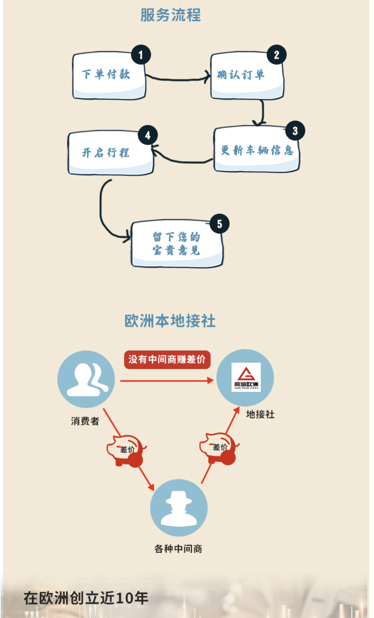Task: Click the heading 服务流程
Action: click(170, 15)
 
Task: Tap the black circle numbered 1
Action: click(141, 55)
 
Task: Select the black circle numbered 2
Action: click(276, 55)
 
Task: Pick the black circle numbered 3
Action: click(295, 131)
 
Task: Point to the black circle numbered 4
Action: click(147, 135)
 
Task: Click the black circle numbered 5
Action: click(219, 224)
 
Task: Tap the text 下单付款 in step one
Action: click(106, 74)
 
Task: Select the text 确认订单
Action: click(241, 75)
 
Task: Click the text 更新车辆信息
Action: click(257, 150)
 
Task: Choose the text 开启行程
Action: click(105, 153)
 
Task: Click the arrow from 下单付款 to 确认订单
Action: click(178, 78)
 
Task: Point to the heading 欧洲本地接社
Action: click(170, 321)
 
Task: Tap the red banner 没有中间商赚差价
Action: click(167, 359)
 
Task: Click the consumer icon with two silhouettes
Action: click(86, 379)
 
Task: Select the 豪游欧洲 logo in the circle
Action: click(246, 377)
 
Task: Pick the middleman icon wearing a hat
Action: click(179, 508)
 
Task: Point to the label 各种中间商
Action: click(178, 549)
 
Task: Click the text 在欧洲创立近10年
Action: click(86, 598)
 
